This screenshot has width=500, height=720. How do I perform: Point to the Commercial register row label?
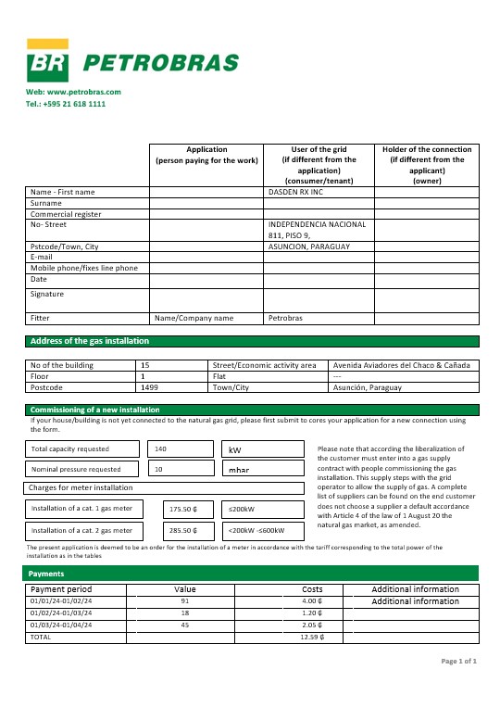click(x=66, y=214)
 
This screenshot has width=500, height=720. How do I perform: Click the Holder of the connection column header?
click(x=426, y=165)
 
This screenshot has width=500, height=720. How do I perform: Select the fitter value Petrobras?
click(x=285, y=318)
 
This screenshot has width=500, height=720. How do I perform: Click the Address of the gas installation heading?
click(x=90, y=341)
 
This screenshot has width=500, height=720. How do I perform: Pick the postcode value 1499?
click(x=149, y=387)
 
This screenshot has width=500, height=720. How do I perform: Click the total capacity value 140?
click(x=161, y=448)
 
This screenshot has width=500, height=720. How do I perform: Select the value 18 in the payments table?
click(x=184, y=613)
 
